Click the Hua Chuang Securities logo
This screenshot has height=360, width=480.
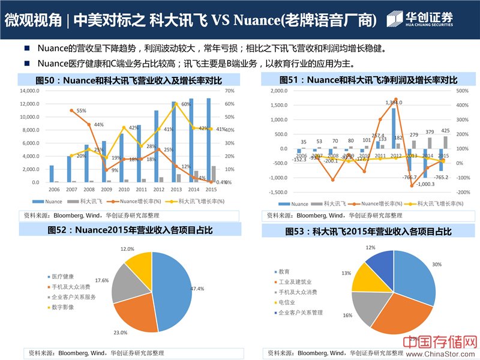click(x=420, y=19)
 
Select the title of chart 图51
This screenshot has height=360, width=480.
click(x=368, y=80)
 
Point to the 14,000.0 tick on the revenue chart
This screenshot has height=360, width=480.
click(x=29, y=91)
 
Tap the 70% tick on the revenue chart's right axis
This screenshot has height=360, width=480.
click(x=229, y=91)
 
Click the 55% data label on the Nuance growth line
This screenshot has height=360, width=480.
click(x=81, y=110)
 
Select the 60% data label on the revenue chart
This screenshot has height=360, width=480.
click(x=186, y=104)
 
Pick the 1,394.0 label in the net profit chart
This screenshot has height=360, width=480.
click(x=394, y=102)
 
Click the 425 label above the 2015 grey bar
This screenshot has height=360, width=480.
click(x=445, y=130)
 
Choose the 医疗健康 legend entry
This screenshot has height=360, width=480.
click(x=62, y=277)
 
